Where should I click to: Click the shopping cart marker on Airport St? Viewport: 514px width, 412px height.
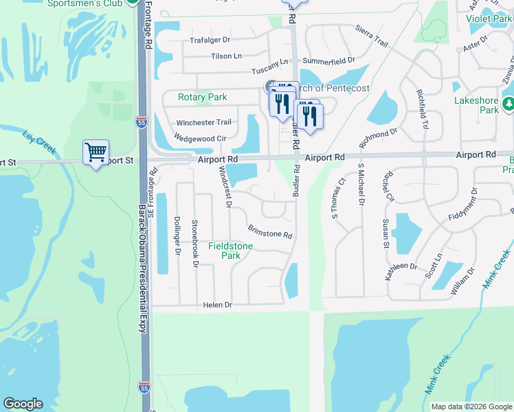point(96,152)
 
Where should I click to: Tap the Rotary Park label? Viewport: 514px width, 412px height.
point(202,98)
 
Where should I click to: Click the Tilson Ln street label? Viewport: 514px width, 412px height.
point(227,56)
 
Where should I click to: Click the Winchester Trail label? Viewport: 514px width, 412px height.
point(203,122)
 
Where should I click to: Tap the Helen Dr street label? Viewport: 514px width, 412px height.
point(218,304)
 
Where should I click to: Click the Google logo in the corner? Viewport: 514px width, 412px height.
point(23,404)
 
